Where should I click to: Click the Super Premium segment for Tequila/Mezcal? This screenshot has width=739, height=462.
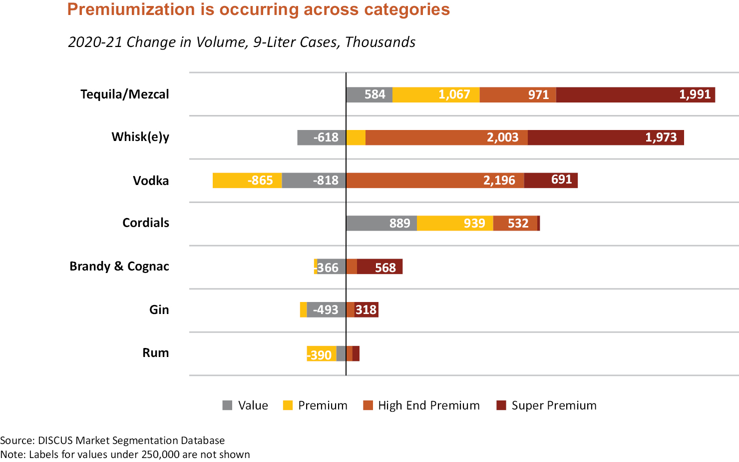point(635,94)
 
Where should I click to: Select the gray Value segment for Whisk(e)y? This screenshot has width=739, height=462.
point(321,137)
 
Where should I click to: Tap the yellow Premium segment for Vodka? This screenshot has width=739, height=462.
point(247,180)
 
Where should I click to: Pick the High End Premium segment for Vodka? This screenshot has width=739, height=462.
point(434,180)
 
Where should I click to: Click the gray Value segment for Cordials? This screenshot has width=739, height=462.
point(381,223)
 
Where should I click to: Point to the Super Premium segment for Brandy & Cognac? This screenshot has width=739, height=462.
point(379,267)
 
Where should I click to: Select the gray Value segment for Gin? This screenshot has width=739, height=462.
point(326,310)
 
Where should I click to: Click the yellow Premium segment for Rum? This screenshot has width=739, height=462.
point(321,353)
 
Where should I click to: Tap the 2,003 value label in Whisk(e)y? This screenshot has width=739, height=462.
point(502,137)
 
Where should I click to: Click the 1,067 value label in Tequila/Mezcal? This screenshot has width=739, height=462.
point(454,94)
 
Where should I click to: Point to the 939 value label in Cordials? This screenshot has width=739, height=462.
point(474,223)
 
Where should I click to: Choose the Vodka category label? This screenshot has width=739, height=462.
point(150,180)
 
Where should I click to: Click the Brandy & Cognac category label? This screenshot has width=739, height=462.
point(119,266)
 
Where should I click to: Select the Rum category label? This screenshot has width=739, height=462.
point(155,352)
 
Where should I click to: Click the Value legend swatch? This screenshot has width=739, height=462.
point(227,405)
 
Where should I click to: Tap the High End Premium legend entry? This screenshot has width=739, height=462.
point(428,405)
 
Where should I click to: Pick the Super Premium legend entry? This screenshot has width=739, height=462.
point(554,405)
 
